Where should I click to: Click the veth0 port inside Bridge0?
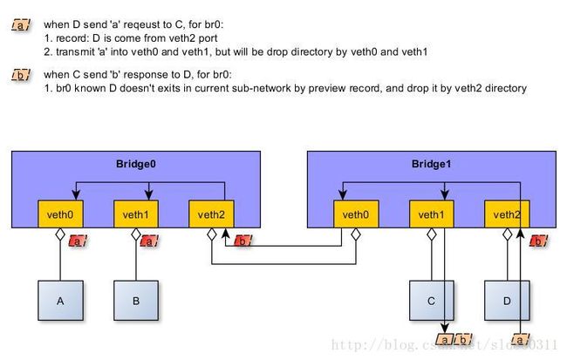click(60, 214)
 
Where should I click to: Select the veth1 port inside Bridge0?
click(136, 214)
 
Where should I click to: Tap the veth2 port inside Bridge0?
click(212, 214)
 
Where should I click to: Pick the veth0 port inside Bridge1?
click(356, 214)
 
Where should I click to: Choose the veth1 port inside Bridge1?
click(432, 214)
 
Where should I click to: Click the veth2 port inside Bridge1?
click(507, 214)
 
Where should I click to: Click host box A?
click(60, 301)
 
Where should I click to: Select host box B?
click(136, 301)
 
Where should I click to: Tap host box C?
click(432, 301)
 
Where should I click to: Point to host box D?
click(507, 301)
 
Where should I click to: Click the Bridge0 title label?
click(136, 164)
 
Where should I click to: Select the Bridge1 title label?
click(432, 164)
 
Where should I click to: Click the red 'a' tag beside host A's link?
click(78, 241)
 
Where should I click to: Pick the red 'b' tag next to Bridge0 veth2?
click(243, 241)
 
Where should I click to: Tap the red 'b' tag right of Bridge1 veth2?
click(539, 241)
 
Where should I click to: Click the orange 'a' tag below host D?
click(520, 340)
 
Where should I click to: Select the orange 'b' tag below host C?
click(463, 340)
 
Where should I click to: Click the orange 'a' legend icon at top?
click(21, 25)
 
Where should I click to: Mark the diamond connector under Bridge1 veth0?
click(356, 234)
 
